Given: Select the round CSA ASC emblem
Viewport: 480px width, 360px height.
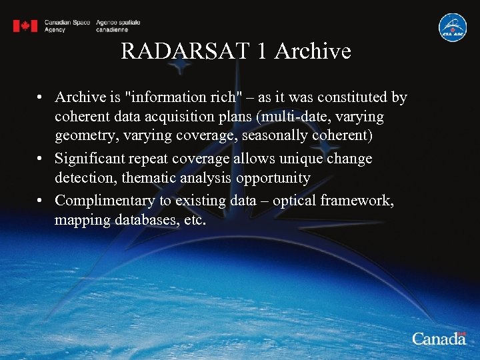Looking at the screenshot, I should click(453, 27).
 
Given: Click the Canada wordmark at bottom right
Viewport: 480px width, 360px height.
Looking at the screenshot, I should click(439, 339).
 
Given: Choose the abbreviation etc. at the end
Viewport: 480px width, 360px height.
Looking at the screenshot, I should click(194, 219).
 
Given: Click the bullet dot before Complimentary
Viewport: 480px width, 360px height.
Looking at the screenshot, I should click(41, 200).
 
